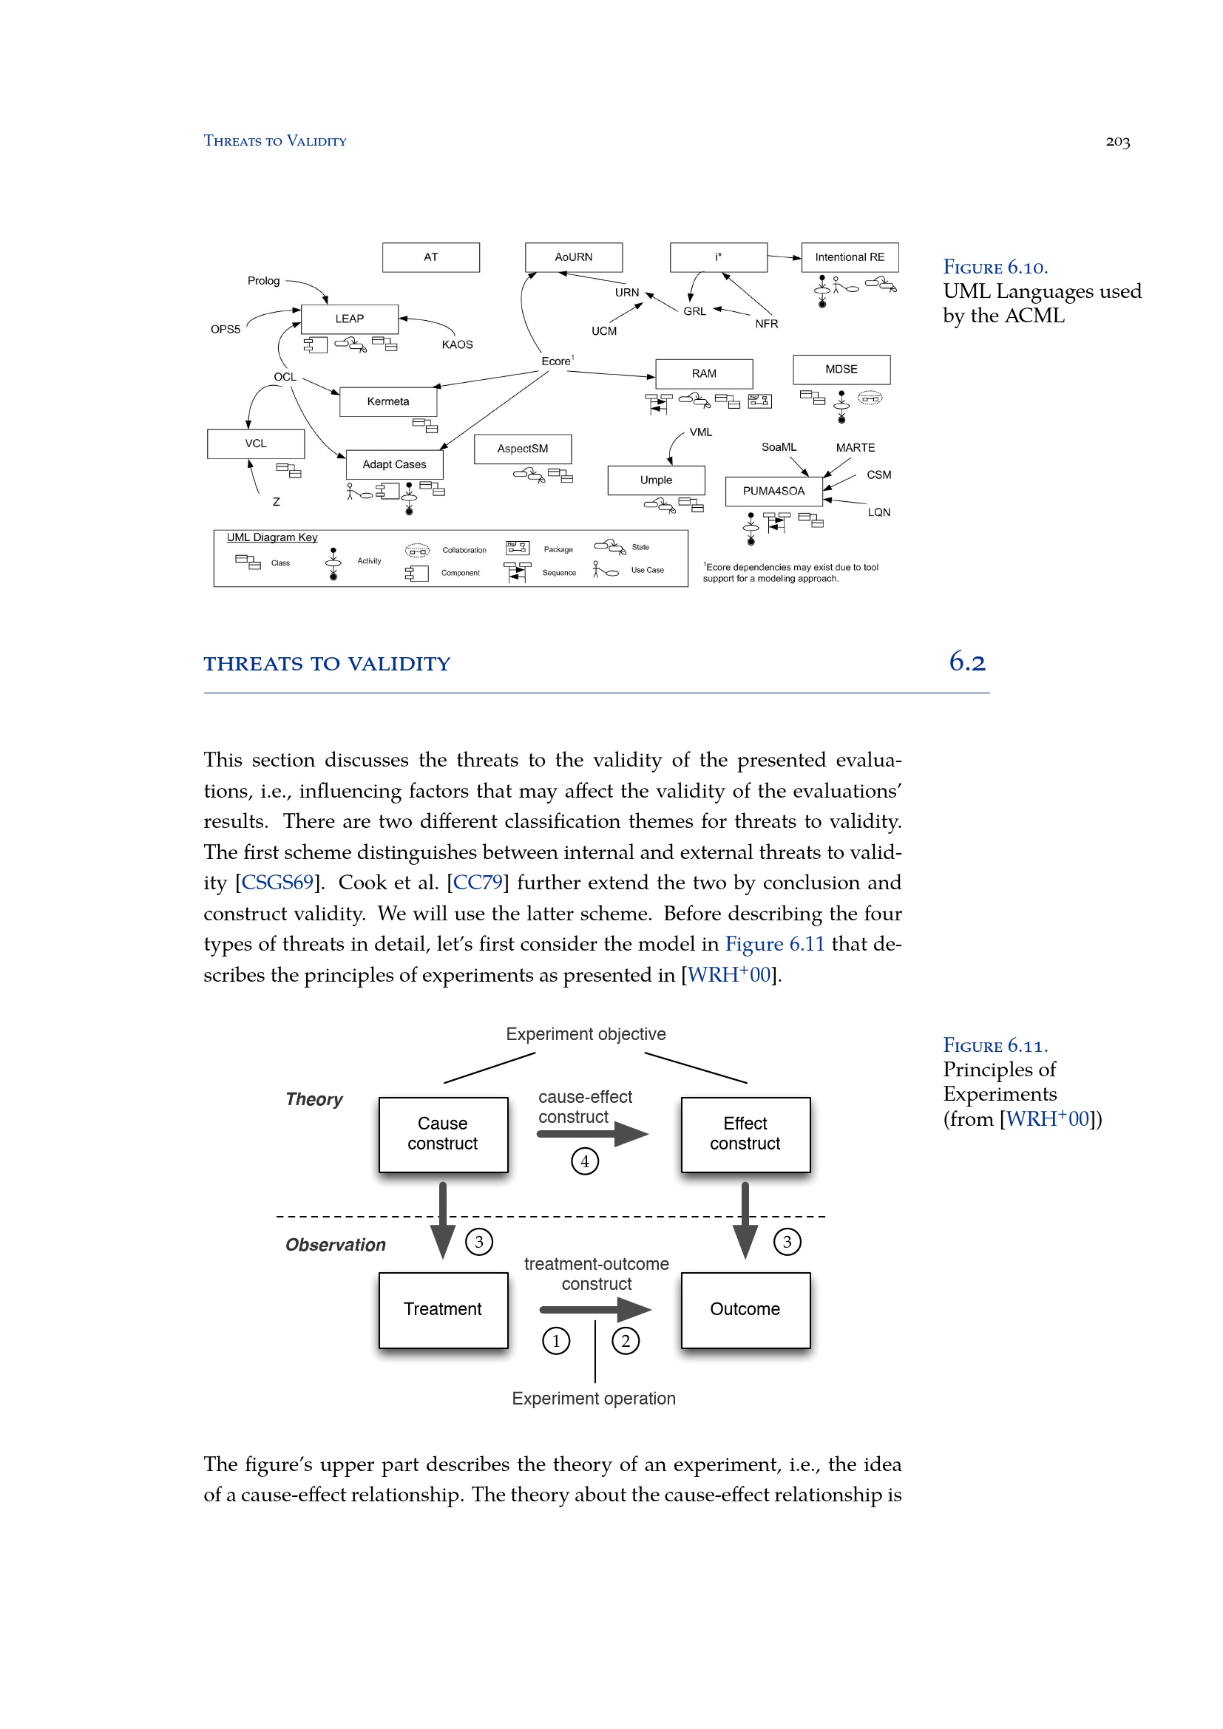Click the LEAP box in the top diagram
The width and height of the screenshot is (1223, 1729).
pos(349,319)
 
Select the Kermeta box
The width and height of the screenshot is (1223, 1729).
pos(388,401)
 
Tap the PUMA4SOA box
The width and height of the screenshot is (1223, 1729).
pos(773,491)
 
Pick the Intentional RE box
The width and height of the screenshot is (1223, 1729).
pos(850,257)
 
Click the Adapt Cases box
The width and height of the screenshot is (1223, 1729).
pos(394,465)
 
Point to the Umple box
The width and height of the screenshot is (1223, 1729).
pos(656,480)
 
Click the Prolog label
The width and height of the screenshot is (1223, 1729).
pos(263,281)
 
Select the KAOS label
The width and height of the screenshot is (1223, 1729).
pos(457,345)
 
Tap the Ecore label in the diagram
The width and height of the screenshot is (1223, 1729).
pos(556,361)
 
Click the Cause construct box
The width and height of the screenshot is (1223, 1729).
pos(443,1134)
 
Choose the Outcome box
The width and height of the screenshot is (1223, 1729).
pos(745,1310)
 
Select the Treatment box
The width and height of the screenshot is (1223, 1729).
pos(443,1310)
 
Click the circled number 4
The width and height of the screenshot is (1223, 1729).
pos(584,1161)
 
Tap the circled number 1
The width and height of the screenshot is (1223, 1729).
pos(556,1341)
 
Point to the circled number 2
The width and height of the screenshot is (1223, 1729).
pos(625,1341)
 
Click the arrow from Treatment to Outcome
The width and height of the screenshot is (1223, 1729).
pos(595,1310)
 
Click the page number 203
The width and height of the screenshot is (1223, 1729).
pos(1117,142)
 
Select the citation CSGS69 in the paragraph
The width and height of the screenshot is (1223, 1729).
pos(277,883)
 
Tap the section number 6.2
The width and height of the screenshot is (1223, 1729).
pos(967,662)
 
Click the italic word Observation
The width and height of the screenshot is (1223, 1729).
pos(335,1245)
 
